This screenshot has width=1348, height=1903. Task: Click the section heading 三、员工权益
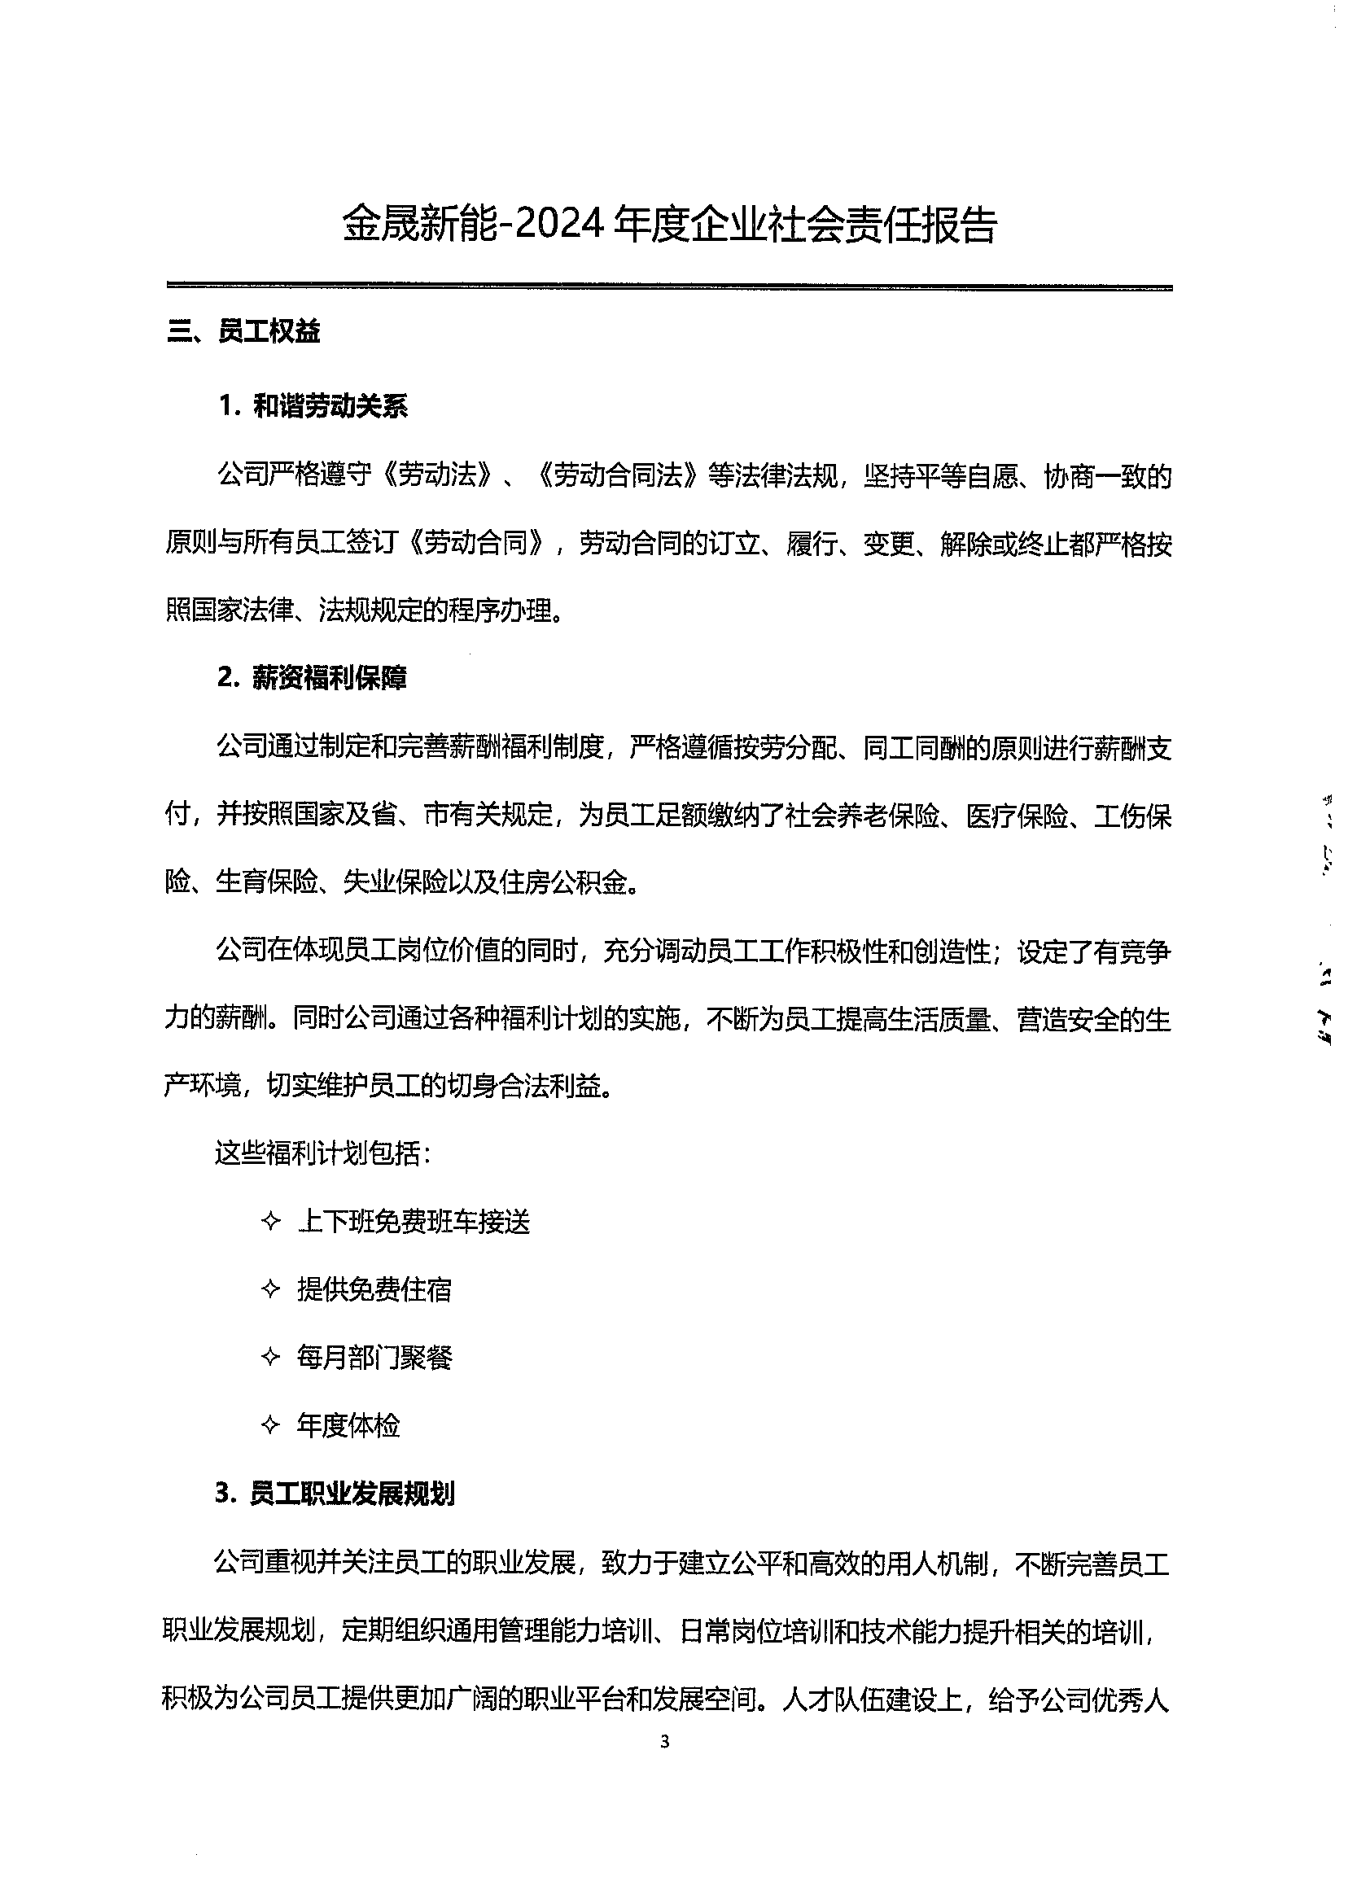[243, 332]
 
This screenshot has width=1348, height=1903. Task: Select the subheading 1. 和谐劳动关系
[313, 407]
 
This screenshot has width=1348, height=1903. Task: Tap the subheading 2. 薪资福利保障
[312, 678]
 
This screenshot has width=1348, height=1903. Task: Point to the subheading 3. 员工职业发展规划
[335, 1494]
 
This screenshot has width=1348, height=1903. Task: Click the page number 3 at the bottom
[664, 1742]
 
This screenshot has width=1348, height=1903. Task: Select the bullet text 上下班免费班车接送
[414, 1222]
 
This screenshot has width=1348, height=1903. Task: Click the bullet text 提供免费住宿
[374, 1289]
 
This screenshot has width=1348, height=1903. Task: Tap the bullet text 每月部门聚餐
[374, 1358]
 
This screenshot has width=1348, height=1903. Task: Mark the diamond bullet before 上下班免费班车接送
[270, 1222]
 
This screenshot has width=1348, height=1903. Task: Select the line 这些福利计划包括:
[323, 1153]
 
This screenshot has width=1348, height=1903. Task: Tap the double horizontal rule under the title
[669, 287]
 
